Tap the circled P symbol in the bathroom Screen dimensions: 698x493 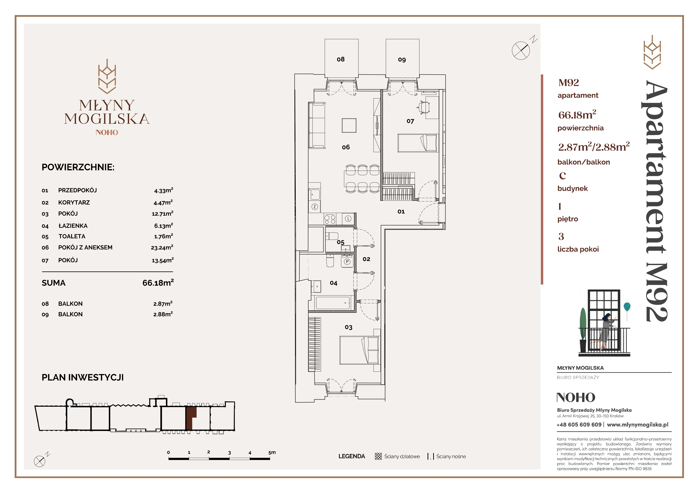tap(347, 262)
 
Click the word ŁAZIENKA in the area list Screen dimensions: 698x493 tap(73, 226)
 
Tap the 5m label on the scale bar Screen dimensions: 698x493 tap(272, 452)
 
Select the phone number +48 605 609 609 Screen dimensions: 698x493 tap(579, 425)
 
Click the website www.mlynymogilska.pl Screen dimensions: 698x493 tap(638, 425)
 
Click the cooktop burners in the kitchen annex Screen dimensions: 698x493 tap(330, 219)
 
